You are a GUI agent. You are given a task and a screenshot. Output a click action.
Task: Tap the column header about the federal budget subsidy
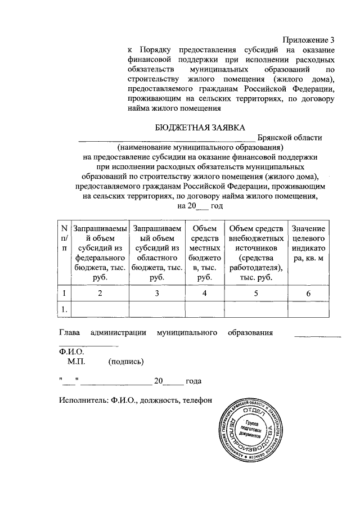pyautogui.click(x=99, y=253)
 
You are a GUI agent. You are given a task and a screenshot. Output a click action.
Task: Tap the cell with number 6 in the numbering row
pyautogui.click(x=308, y=293)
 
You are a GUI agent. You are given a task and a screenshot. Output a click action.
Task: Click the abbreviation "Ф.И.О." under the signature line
pyautogui.click(x=71, y=352)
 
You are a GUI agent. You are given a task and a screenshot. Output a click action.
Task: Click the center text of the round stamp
pyautogui.click(x=251, y=429)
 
